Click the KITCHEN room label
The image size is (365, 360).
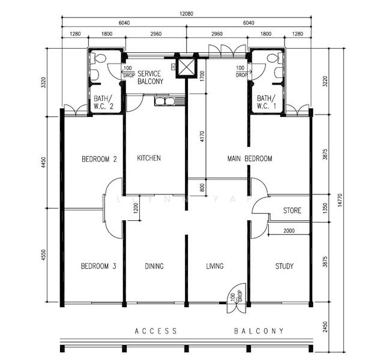(149, 158)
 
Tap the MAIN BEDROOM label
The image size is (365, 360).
(250, 158)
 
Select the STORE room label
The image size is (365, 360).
(292, 211)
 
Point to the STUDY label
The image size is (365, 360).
(284, 266)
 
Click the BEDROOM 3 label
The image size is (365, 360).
(98, 266)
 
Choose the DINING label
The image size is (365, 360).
(154, 266)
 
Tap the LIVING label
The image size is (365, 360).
(215, 266)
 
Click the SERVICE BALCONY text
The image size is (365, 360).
(150, 77)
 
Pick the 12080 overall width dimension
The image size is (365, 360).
(186, 14)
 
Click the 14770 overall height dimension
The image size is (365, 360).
(340, 200)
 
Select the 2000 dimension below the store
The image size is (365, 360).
(289, 230)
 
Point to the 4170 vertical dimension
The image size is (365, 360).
(202, 136)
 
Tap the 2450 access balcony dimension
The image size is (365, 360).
(325, 327)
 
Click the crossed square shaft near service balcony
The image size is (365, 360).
(186, 67)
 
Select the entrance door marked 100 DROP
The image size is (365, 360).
(237, 298)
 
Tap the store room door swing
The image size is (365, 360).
(261, 205)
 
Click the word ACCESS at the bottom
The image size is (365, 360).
(155, 331)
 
